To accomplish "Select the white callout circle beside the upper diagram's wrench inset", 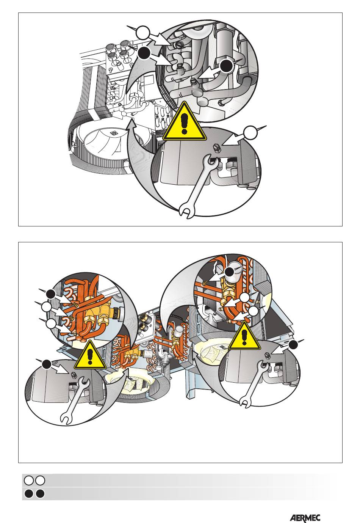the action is point(250,132).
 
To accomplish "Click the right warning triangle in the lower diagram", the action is point(244,336).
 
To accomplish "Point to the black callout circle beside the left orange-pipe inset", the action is point(51,294).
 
